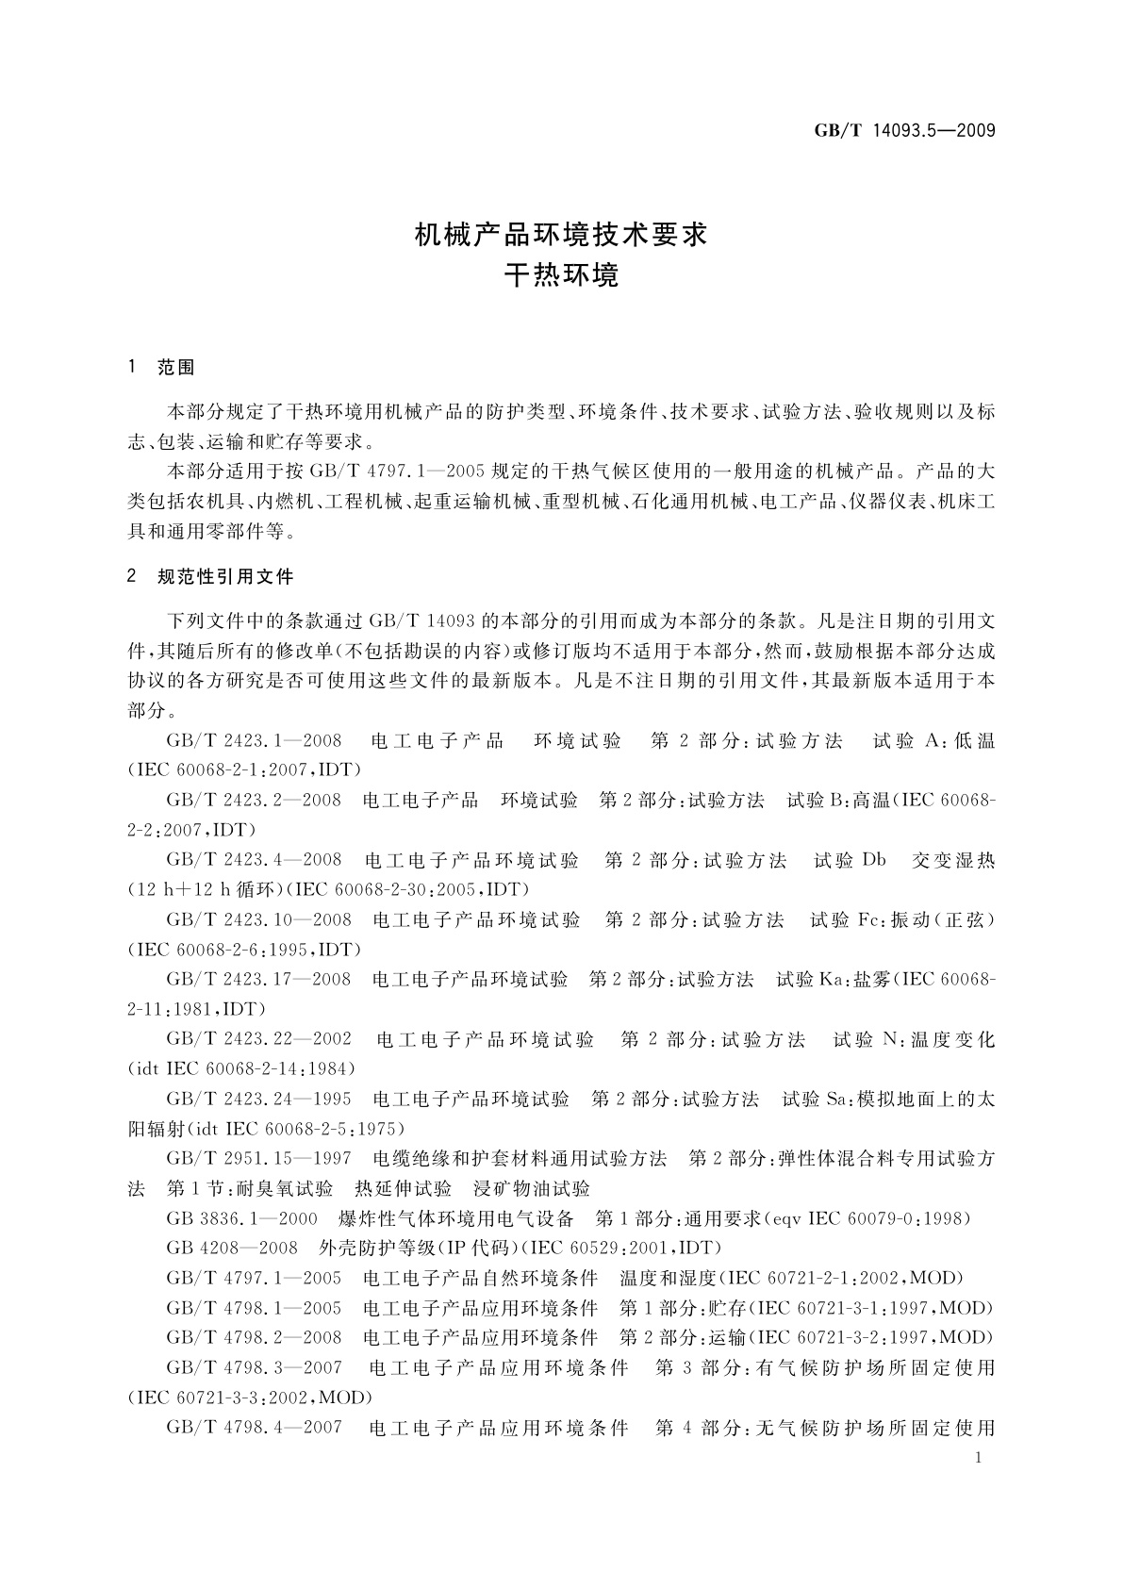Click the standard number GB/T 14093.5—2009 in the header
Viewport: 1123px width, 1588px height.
pyautogui.click(x=904, y=131)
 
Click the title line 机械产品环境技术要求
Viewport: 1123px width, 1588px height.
pyautogui.click(x=561, y=235)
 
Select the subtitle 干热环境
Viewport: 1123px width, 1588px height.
pyautogui.click(x=561, y=276)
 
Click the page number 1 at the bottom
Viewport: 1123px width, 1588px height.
pyautogui.click(x=980, y=1458)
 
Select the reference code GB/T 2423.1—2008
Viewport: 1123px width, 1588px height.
pyautogui.click(x=254, y=740)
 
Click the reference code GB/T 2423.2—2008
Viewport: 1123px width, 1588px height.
pyautogui.click(x=254, y=800)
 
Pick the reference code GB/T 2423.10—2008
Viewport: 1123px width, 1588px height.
pyautogui.click(x=259, y=918)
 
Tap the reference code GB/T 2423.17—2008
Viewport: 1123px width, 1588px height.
pyautogui.click(x=258, y=979)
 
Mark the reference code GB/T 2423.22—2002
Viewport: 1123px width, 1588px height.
pyautogui.click(x=259, y=1039)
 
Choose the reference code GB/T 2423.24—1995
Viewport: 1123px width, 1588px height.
pyautogui.click(x=258, y=1099)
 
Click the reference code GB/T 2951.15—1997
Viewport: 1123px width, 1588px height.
pyautogui.click(x=258, y=1158)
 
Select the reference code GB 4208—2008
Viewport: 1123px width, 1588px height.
pyautogui.click(x=232, y=1248)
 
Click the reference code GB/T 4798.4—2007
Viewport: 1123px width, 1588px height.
pyautogui.click(x=254, y=1428)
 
